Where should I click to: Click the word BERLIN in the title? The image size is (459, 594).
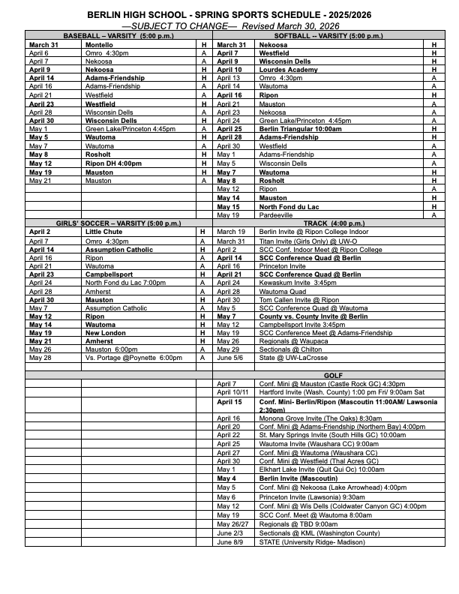click(103, 14)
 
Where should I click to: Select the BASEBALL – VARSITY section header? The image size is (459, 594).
click(118, 36)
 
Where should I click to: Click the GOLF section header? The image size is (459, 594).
click(333, 374)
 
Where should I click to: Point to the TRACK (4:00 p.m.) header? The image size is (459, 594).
click(333, 223)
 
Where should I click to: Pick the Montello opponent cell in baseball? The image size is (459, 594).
click(100, 45)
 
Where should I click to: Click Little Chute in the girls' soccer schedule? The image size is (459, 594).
click(103, 232)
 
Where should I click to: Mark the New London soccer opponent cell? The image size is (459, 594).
click(104, 332)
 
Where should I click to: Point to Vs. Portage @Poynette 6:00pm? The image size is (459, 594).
click(134, 358)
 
